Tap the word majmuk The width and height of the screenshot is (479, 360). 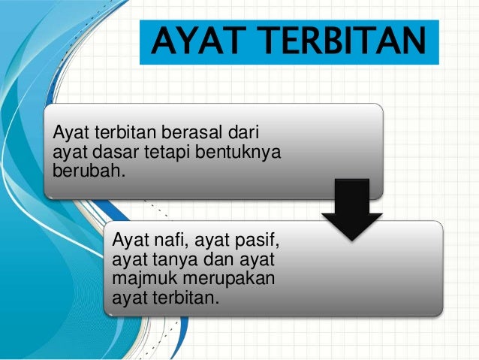click(x=140, y=278)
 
